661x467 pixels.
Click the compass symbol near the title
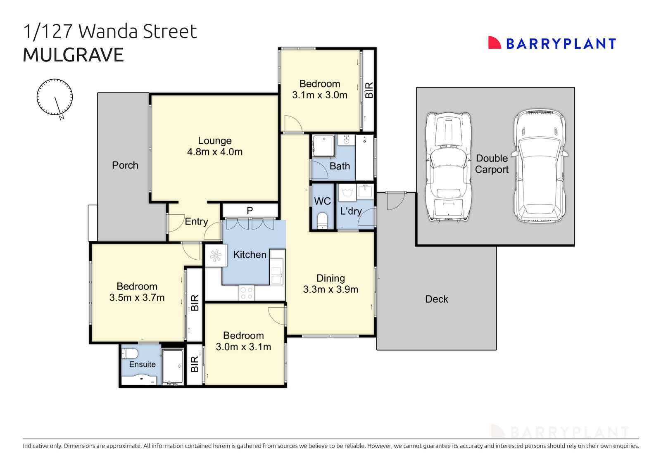click(x=55, y=97)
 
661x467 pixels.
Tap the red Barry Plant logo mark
click(x=494, y=43)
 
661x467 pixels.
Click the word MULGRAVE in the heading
click(x=73, y=55)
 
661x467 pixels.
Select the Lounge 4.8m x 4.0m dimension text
click(x=215, y=152)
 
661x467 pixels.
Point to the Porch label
click(x=125, y=165)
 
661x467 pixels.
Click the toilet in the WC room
click(x=322, y=220)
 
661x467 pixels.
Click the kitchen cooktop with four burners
click(x=247, y=293)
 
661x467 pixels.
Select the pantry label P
click(x=250, y=211)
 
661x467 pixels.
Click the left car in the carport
click(x=448, y=166)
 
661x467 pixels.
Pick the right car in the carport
click(x=540, y=166)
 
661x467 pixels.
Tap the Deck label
click(x=437, y=299)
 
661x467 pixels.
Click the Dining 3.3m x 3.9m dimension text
click(x=330, y=289)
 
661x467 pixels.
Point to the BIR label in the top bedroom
click(x=369, y=90)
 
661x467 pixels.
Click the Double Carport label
click(x=492, y=164)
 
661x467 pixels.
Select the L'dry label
click(x=351, y=211)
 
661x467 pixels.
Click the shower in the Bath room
click(x=323, y=145)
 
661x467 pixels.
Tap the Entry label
click(x=196, y=222)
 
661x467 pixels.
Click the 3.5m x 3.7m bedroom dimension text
click(x=137, y=298)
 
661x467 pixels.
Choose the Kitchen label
click(x=250, y=255)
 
